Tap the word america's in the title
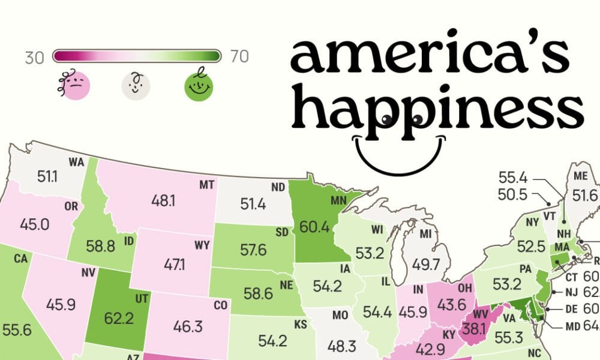429,56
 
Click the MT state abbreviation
207,185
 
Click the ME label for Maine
580,176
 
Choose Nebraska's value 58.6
259,293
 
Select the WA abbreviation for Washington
76,162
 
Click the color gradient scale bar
137,56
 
